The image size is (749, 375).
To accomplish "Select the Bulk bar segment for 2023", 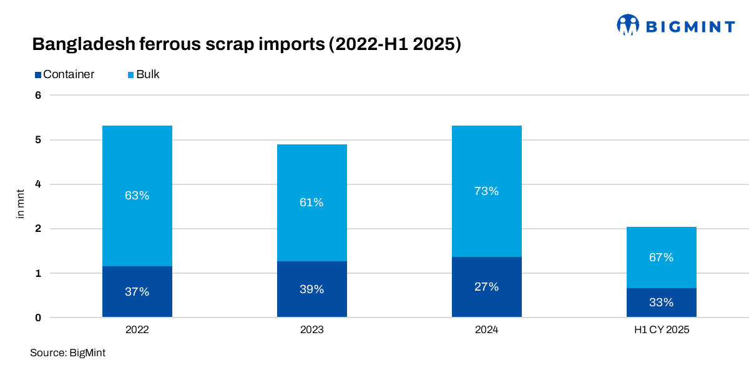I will coord(311,225).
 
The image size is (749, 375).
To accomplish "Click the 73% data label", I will coord(486,191).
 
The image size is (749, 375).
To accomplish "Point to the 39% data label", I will coord(311,289).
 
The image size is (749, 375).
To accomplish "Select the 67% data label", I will coord(661,257).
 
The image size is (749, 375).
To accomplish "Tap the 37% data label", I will coord(137,292).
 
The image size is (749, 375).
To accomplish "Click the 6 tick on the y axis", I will coord(38,96).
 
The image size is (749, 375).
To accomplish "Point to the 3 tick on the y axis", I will coord(38,207).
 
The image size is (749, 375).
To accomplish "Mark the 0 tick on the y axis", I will coord(38,317).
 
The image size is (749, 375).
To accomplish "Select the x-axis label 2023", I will coord(311,330).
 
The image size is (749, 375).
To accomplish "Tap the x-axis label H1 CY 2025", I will coord(661,330).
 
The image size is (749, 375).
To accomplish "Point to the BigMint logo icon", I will coord(629,25).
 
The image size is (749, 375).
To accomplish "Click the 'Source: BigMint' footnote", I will coord(67,353).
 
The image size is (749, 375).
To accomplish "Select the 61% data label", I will coord(311,202).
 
